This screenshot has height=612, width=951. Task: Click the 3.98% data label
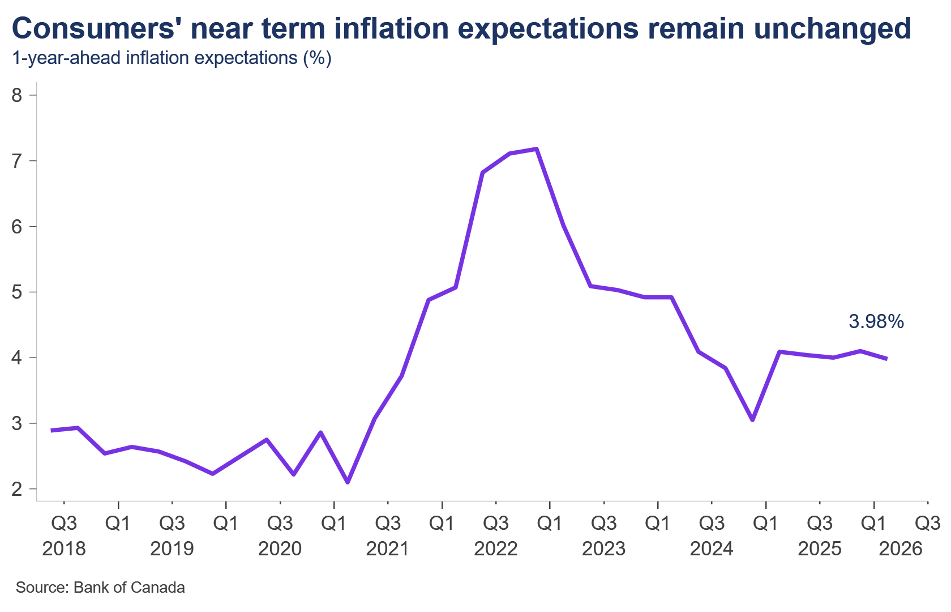(x=876, y=322)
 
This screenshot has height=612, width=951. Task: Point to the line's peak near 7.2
(x=537, y=148)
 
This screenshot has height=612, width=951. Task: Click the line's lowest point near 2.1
(x=348, y=482)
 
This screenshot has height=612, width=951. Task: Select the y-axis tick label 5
(x=17, y=292)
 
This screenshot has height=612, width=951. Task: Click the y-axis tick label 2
(x=17, y=489)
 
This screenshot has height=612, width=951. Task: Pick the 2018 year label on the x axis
(x=64, y=549)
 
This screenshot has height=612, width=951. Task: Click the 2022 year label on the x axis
(x=496, y=549)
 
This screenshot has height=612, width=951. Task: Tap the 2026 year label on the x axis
(x=901, y=549)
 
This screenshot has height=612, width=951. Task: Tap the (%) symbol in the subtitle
(x=317, y=58)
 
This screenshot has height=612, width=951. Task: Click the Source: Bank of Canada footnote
(x=100, y=587)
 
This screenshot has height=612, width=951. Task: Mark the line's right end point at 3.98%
(x=886, y=359)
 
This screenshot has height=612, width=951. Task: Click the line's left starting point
(x=52, y=431)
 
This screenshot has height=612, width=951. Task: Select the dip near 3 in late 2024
(x=752, y=420)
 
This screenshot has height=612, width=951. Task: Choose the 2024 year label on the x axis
(x=712, y=549)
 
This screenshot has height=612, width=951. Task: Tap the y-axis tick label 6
(x=17, y=227)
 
